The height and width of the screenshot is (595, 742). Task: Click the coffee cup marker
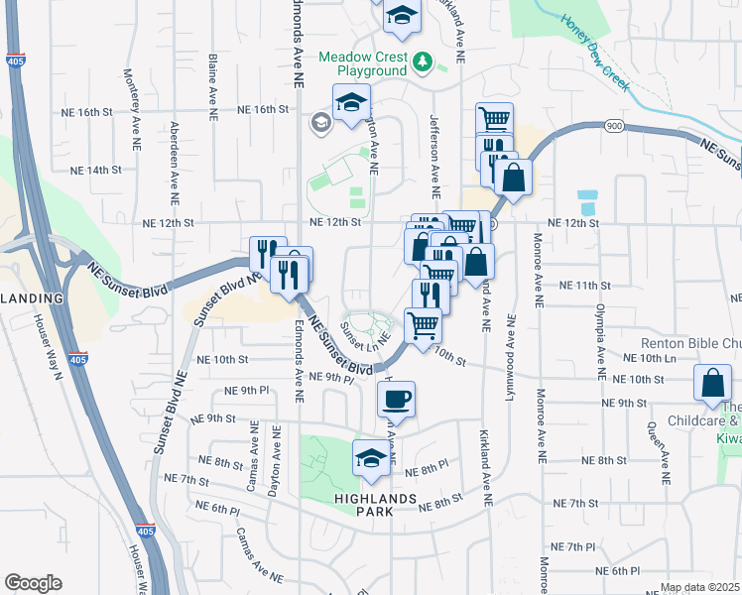396,400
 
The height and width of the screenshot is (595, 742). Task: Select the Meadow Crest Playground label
363,63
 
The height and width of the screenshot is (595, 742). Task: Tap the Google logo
33,583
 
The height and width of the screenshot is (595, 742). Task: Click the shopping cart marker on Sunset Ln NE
423,324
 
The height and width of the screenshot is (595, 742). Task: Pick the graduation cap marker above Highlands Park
371,458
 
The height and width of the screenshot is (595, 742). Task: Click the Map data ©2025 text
700,588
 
